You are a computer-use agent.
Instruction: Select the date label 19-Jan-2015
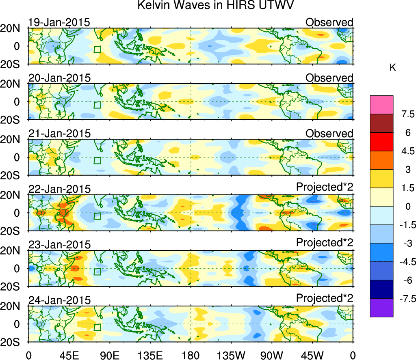(x=59, y=22)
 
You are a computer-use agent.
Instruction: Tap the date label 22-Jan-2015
(x=59, y=189)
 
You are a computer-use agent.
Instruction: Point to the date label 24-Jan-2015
(x=59, y=300)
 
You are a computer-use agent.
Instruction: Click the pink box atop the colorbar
(x=381, y=105)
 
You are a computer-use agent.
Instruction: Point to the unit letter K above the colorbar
(x=392, y=68)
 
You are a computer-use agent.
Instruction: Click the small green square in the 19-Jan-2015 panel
(x=97, y=50)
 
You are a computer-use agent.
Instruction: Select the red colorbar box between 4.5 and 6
(x=381, y=142)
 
